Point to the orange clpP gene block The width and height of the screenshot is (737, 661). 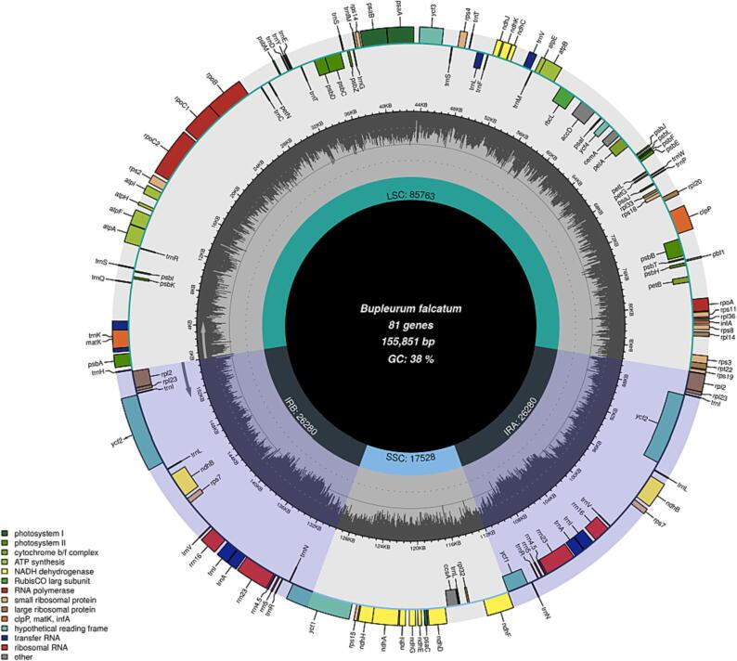pyautogui.click(x=681, y=218)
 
